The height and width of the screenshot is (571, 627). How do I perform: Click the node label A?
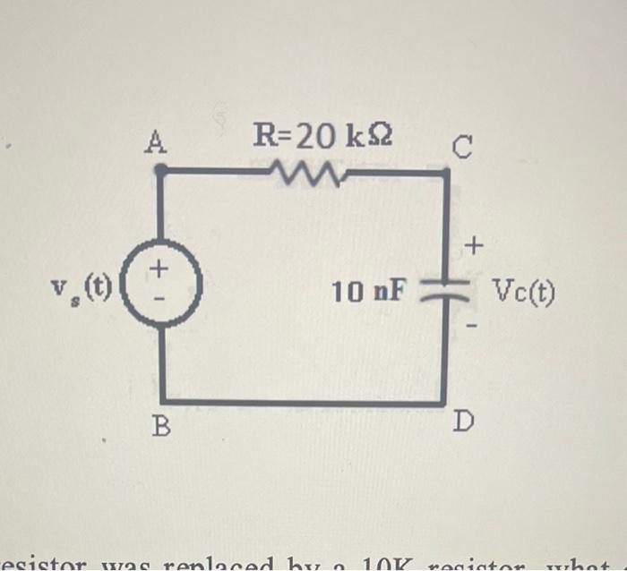click(x=158, y=141)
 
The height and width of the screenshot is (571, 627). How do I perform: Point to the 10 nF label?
click(x=369, y=291)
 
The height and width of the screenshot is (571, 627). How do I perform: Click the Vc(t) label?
click(x=522, y=291)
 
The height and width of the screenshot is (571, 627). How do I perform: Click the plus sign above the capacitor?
click(x=475, y=243)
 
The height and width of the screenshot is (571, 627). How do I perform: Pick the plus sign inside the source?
click(x=158, y=267)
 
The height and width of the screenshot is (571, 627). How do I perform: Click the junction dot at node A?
click(x=159, y=168)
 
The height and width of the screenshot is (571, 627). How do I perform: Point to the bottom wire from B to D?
click(x=305, y=402)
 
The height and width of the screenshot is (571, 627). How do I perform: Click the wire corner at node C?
click(x=445, y=172)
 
